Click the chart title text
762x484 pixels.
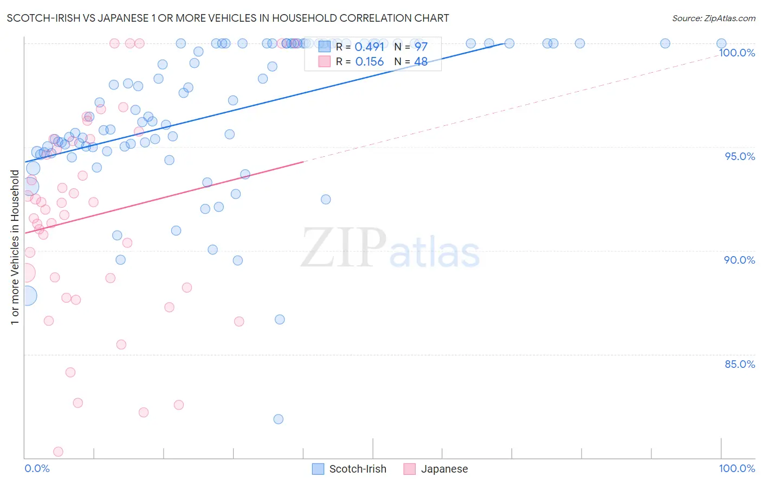[228, 18]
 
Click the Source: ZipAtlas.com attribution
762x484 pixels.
[713, 18]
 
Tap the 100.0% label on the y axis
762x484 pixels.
[737, 53]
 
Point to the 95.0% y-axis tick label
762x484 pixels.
[740, 156]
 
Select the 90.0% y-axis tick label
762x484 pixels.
[739, 260]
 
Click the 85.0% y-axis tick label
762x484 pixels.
[739, 364]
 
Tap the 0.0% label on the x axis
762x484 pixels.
[37, 468]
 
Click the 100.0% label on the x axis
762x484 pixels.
[737, 468]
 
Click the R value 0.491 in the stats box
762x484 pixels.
[369, 47]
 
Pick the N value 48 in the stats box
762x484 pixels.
[421, 62]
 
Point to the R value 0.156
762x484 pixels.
[369, 62]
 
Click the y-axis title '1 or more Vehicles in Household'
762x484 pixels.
[15, 247]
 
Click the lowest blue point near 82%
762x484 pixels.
[279, 419]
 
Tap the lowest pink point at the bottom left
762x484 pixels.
[58, 451]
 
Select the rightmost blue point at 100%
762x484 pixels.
[721, 43]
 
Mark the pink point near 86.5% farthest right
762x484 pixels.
[239, 321]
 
